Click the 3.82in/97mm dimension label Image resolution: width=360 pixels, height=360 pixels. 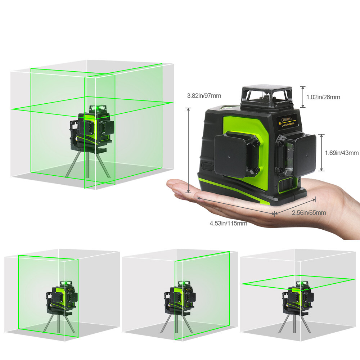204,96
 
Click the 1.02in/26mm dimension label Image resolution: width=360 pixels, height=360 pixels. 323,97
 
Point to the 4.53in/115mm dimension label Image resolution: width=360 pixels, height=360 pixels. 228,223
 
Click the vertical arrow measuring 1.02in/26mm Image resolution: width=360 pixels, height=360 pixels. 303,96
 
